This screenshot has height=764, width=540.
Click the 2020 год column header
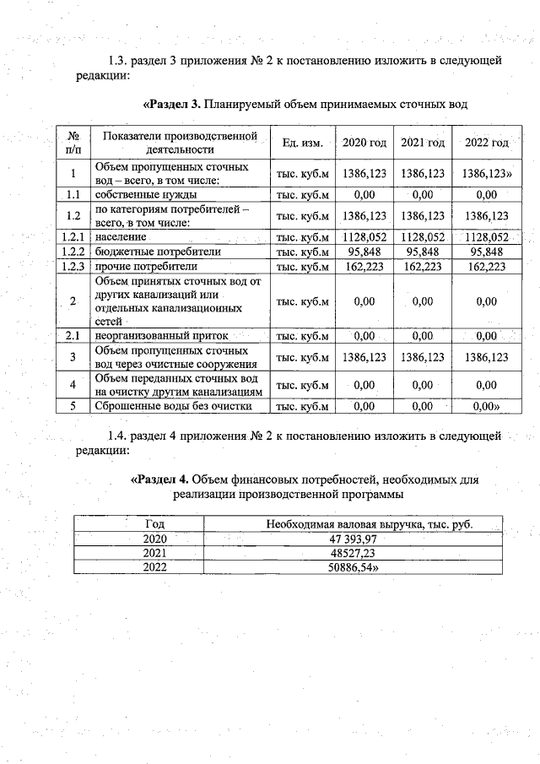click(364, 143)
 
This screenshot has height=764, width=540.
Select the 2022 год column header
click(486, 143)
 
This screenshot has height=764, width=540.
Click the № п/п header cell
click(73, 143)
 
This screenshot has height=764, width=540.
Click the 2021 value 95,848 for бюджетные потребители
click(424, 252)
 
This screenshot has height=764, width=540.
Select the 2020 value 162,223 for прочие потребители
click(364, 266)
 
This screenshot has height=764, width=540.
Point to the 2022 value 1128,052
click(486, 237)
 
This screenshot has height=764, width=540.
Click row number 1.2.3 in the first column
click(73, 266)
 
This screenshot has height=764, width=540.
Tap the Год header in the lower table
click(155, 524)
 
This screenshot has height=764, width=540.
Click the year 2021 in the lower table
click(155, 553)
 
